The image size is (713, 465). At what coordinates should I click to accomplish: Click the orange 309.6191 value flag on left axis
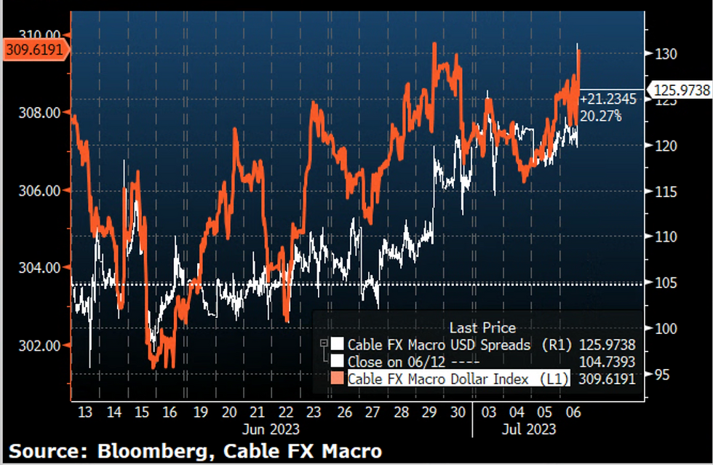coord(35,50)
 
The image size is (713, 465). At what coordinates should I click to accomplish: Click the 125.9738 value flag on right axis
coord(681,90)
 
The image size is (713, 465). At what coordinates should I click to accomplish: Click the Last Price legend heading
coord(482,328)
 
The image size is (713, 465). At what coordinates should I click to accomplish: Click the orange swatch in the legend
coord(337,378)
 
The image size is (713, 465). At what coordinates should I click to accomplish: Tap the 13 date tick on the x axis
coord(84,412)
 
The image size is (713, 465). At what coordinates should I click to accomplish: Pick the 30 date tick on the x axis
coord(458,412)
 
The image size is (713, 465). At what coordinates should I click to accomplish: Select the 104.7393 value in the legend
coord(607,361)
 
